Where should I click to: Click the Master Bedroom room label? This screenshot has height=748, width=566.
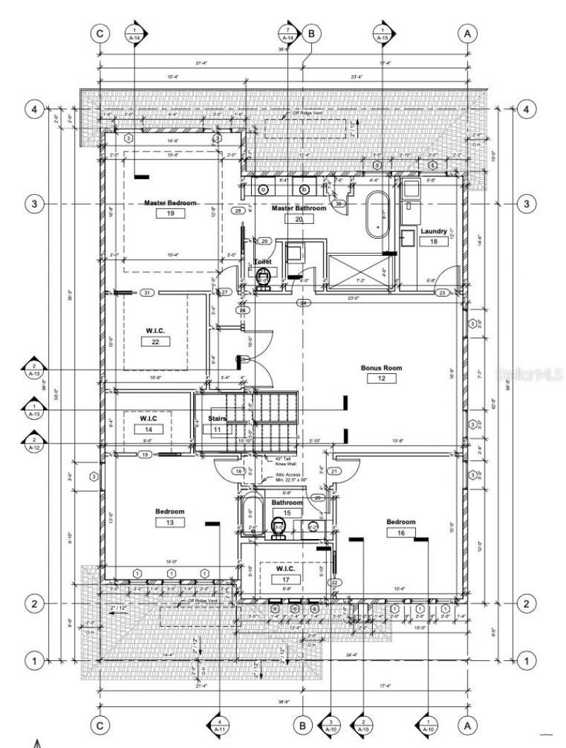pyautogui.click(x=170, y=203)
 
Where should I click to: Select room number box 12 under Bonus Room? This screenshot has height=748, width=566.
pyautogui.click(x=381, y=379)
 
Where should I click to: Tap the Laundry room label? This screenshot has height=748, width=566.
pyautogui.click(x=433, y=231)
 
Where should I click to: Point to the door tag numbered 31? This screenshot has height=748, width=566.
pyautogui.click(x=146, y=293)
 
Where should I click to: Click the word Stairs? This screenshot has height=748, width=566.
pyautogui.click(x=215, y=419)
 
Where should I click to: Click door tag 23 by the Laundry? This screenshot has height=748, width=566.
pyautogui.click(x=442, y=293)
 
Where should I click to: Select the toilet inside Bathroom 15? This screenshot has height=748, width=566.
pyautogui.click(x=277, y=526)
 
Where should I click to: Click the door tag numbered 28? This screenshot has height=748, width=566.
pyautogui.click(x=238, y=210)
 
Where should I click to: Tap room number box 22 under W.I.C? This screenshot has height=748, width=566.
pyautogui.click(x=155, y=341)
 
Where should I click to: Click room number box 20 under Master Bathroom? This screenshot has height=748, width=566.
pyautogui.click(x=299, y=219)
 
